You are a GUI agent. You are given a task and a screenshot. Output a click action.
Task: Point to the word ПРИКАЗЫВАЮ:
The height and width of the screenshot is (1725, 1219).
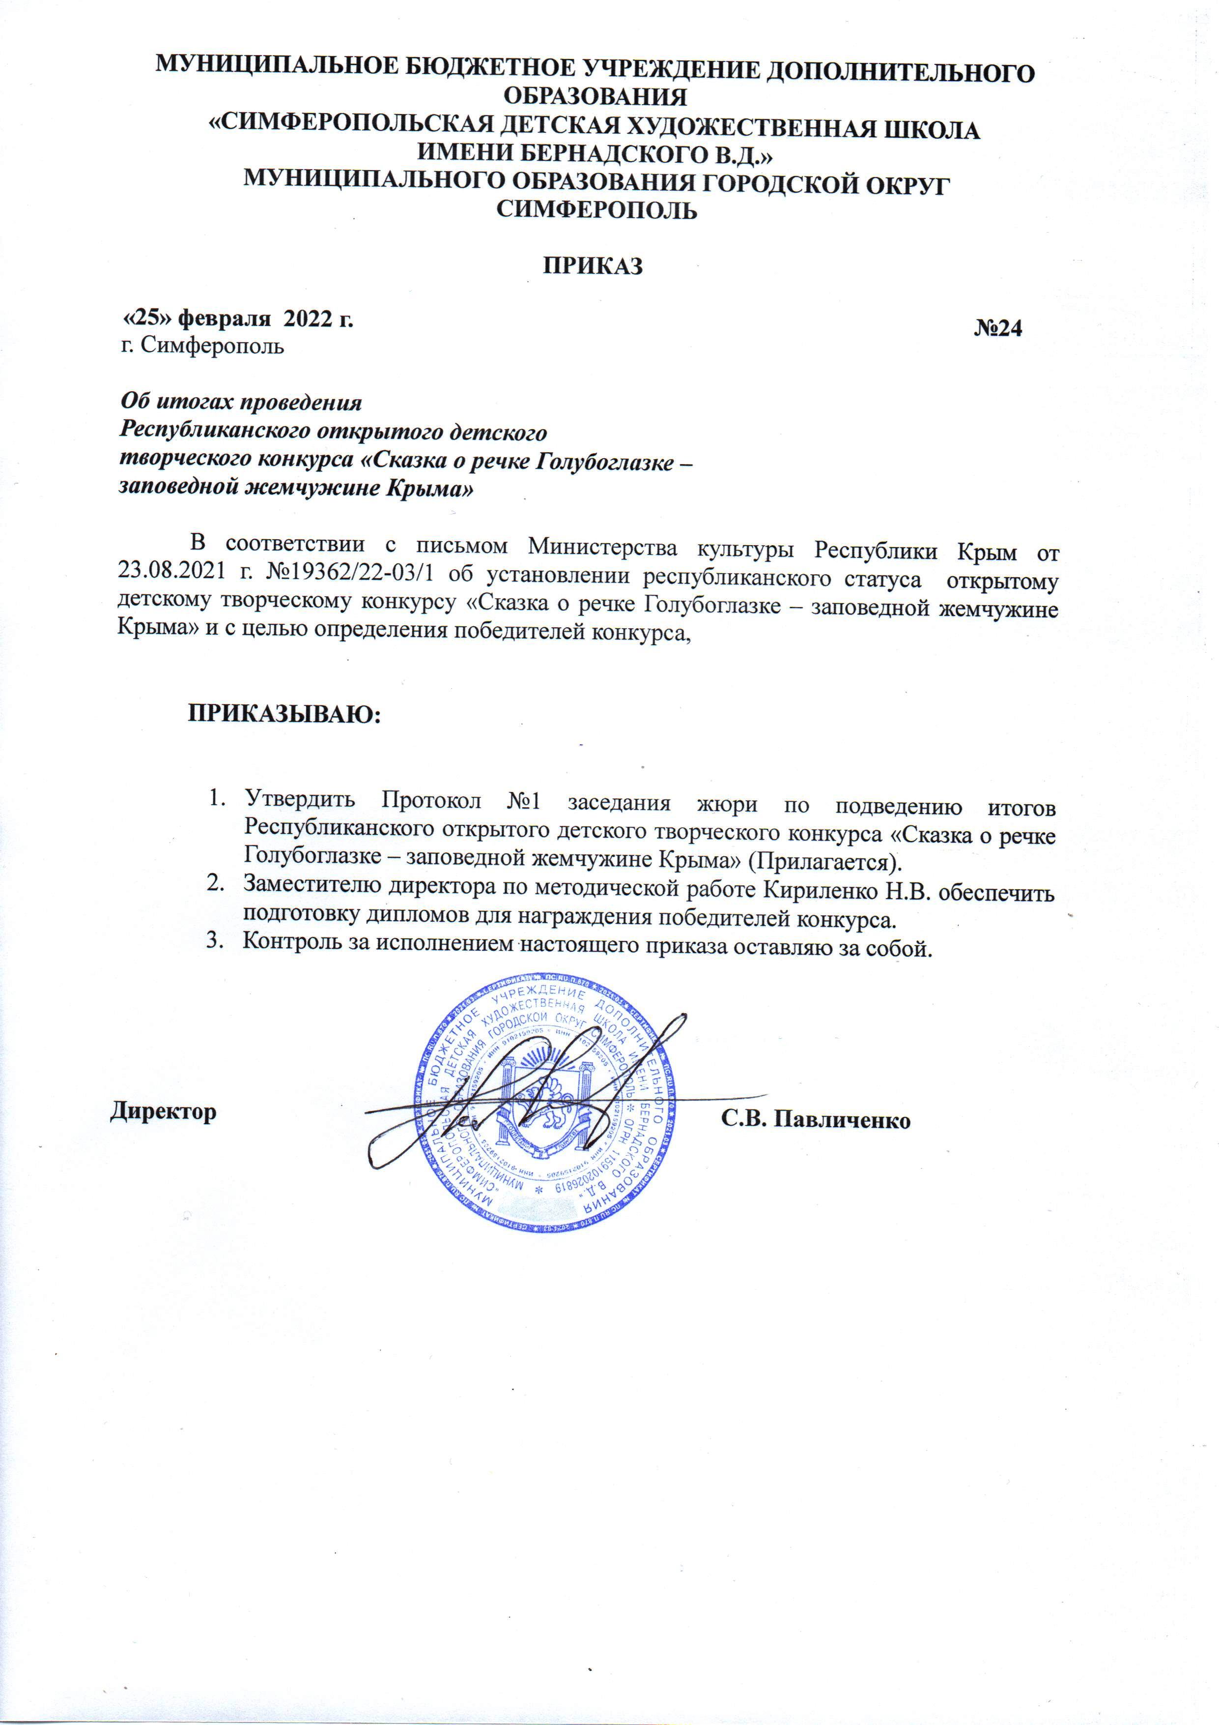[284, 713]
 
